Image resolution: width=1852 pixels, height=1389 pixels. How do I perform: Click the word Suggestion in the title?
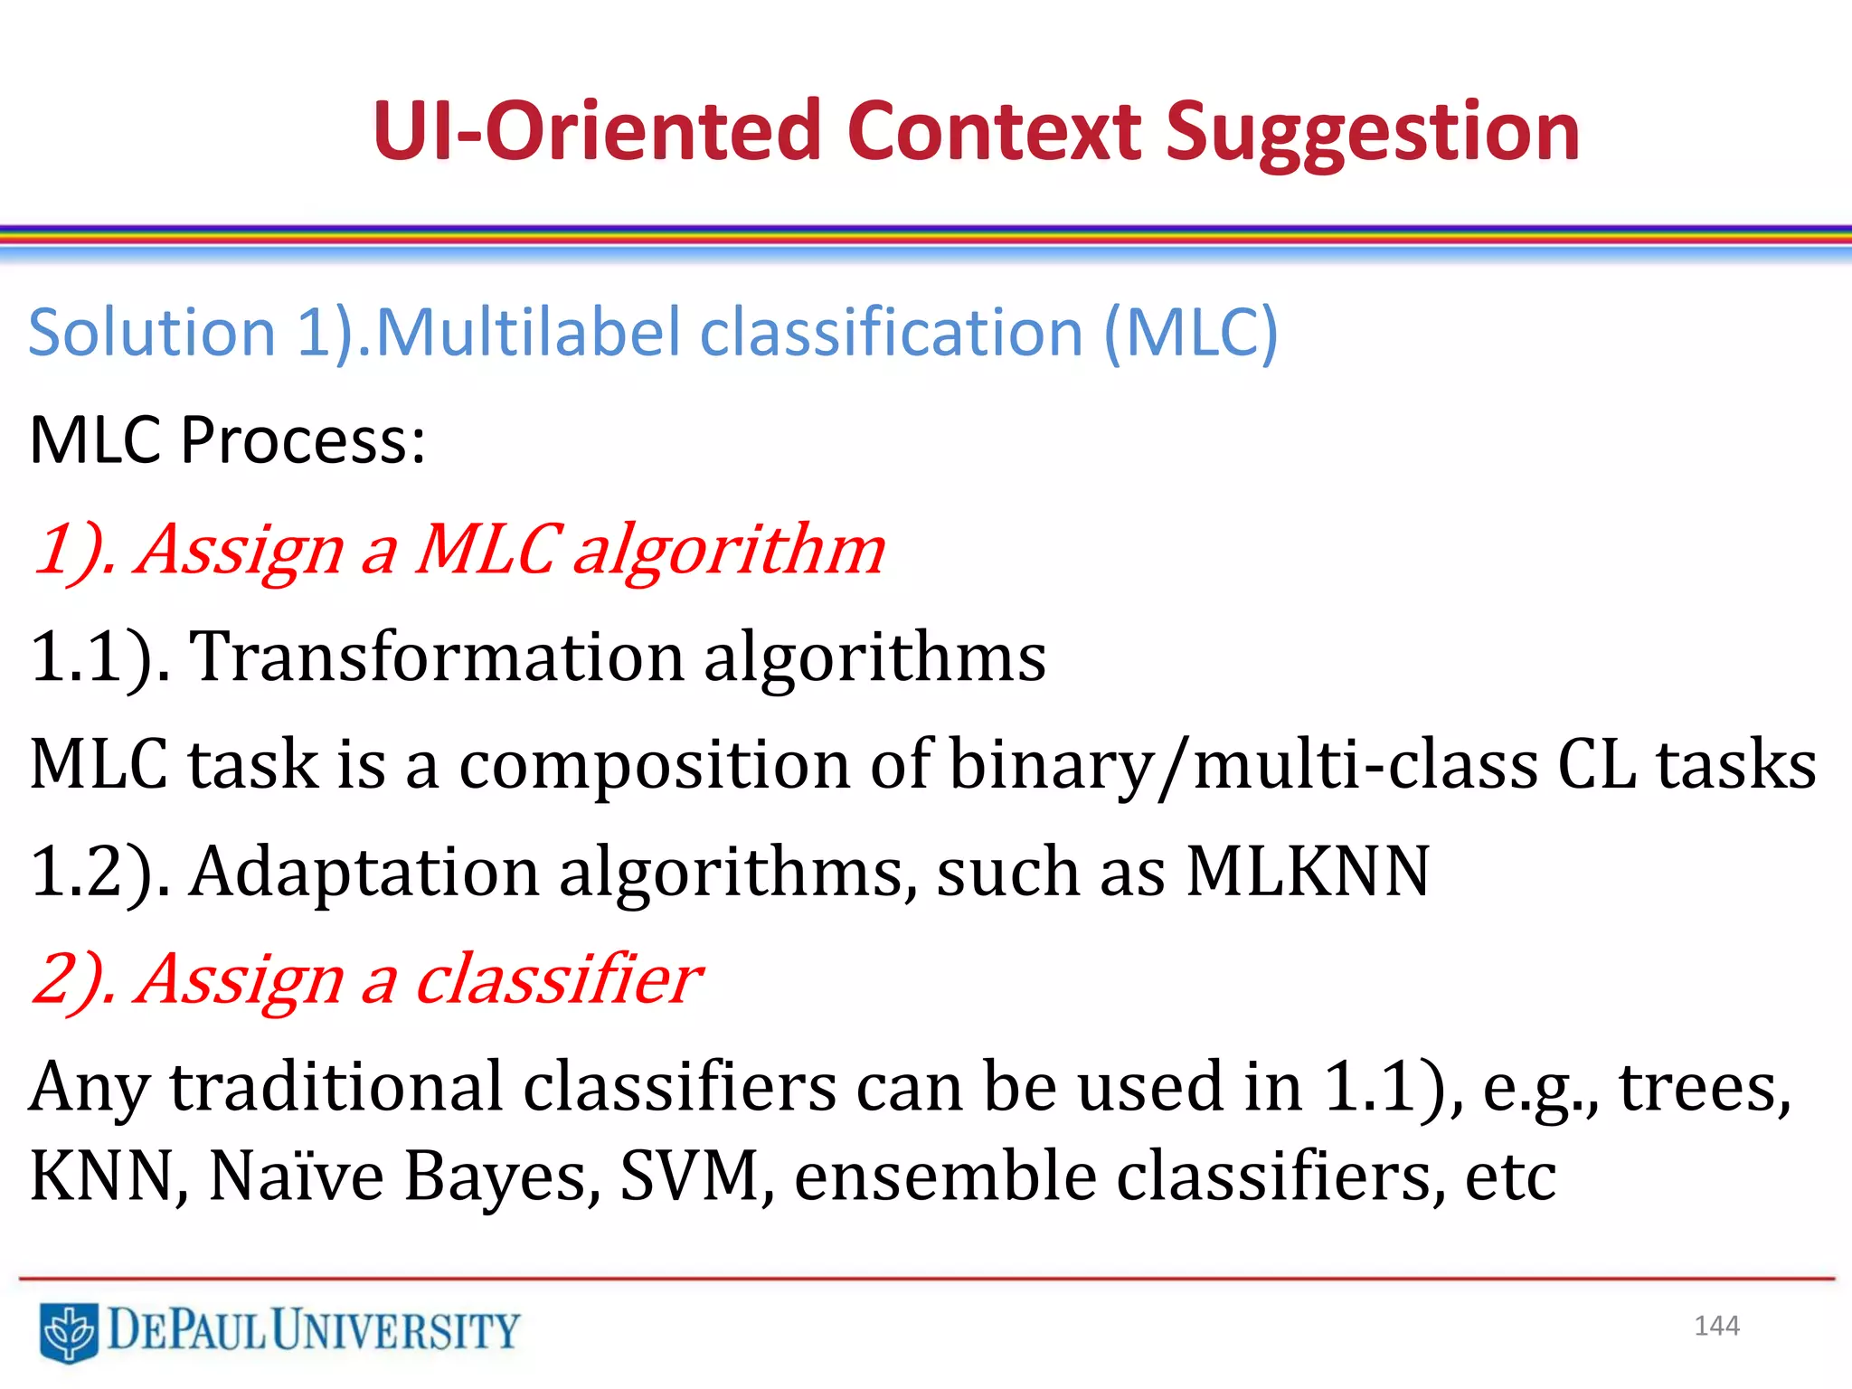pos(1372,134)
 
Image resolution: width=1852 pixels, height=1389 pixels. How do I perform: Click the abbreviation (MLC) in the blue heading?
pos(1191,333)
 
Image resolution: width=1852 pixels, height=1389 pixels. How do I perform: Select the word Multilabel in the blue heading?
pos(527,332)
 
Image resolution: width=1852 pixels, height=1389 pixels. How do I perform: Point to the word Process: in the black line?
pos(303,440)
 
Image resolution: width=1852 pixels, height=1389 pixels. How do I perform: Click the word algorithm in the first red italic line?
pos(729,550)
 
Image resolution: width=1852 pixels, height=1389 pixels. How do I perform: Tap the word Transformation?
pos(436,656)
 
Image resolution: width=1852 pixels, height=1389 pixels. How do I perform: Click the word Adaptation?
pos(364,871)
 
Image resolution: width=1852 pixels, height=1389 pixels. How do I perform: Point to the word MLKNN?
pos(1308,871)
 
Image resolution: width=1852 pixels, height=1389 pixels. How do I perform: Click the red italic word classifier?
pos(558,978)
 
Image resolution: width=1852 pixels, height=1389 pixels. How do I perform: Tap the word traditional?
pos(336,1086)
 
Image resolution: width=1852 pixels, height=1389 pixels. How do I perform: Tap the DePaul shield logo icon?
pos(69,1331)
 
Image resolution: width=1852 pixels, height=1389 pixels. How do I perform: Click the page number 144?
pos(1716,1326)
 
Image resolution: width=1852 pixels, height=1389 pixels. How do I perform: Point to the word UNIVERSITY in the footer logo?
pos(396,1330)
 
